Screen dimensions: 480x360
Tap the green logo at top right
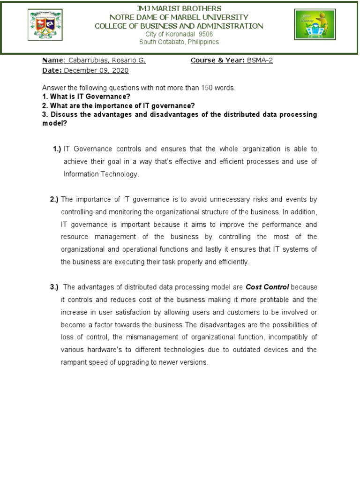coord(315,25)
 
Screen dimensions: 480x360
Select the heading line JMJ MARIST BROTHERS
coord(179,9)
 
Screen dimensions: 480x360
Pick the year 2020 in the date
coord(120,70)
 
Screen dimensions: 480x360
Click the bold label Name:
coord(52,60)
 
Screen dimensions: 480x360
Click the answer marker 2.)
coord(54,199)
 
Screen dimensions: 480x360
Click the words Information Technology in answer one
coord(101,174)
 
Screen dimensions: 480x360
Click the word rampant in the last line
coord(73,362)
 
